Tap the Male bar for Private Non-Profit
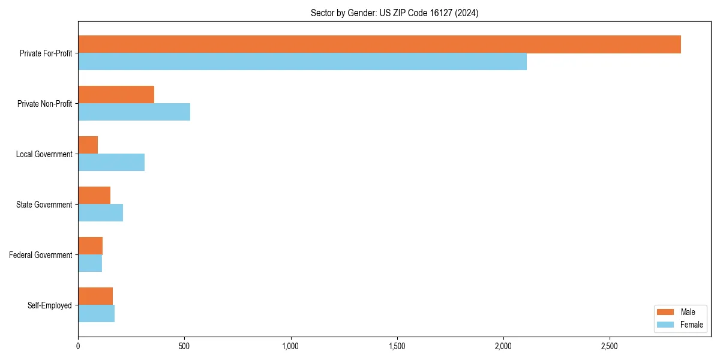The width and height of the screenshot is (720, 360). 116,95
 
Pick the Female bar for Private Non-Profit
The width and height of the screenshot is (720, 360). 134,112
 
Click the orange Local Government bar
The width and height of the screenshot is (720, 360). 88,145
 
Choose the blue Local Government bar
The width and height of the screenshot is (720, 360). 111,163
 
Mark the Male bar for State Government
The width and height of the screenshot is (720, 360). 94,196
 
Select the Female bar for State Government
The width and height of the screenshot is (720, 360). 100,213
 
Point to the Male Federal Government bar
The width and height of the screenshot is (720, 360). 90,246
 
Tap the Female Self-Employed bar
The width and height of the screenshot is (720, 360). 96,314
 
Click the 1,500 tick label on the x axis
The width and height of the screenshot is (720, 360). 397,347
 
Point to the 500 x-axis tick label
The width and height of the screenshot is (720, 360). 184,347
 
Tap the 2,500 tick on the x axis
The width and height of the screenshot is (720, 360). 610,347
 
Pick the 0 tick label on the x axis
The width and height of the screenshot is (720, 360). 78,347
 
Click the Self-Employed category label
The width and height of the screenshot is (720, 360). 50,305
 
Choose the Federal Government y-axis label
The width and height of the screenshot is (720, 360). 41,255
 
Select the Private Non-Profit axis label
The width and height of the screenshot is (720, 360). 44,104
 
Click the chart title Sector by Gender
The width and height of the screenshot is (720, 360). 394,13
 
